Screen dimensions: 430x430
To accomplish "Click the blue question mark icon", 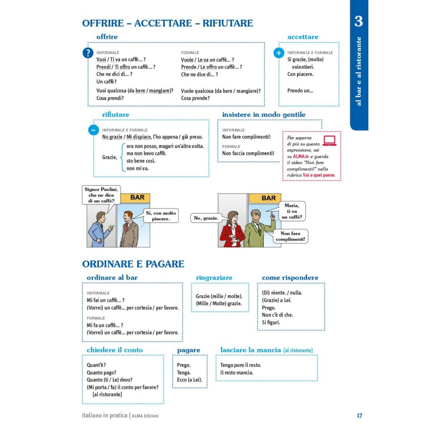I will click(x=88, y=53).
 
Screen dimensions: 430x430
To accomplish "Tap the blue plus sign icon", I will click(x=279, y=53).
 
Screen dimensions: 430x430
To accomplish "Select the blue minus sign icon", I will click(x=93, y=130).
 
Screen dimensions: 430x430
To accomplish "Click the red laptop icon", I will click(x=330, y=140).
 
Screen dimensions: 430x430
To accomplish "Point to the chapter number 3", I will click(x=358, y=21).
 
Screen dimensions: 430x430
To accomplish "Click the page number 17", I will click(x=359, y=416).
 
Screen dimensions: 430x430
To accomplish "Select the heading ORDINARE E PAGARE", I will click(x=133, y=264).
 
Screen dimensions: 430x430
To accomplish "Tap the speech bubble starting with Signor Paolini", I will click(x=101, y=195).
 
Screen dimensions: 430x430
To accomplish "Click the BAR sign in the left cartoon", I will click(x=137, y=197).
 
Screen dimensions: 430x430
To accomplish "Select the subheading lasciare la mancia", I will click(x=250, y=350).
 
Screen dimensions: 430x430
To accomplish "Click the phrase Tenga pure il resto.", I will click(x=241, y=365).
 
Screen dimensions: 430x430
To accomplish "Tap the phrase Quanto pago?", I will click(x=102, y=372).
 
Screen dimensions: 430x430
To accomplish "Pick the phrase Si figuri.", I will click(x=271, y=322).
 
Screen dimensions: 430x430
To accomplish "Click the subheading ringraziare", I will click(x=214, y=278).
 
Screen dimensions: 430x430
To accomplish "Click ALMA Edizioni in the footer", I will click(x=145, y=416).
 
